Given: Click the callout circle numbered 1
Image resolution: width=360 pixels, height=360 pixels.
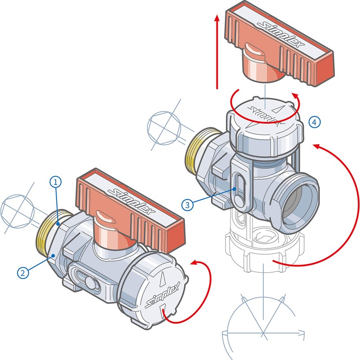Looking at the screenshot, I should (x=55, y=182).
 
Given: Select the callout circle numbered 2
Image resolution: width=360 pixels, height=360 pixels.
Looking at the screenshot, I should (x=23, y=272).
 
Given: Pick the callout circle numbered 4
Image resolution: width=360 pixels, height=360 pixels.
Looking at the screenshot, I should (x=315, y=121).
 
